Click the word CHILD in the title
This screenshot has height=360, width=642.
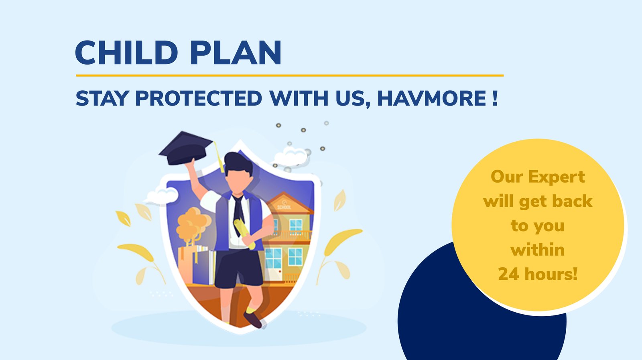click(x=126, y=53)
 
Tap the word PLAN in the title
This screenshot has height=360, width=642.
click(x=235, y=53)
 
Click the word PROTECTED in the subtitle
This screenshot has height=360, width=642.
click(x=198, y=98)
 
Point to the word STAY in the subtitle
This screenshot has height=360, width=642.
click(x=102, y=98)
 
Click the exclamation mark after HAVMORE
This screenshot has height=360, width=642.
click(x=495, y=98)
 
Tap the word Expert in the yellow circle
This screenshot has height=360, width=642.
click(x=556, y=177)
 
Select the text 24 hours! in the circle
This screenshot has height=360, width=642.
click(x=538, y=274)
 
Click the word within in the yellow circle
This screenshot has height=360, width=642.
click(x=538, y=250)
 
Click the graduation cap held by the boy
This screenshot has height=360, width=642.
click(x=186, y=148)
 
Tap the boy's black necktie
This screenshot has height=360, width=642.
click(x=238, y=214)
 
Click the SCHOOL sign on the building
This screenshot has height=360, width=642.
click(x=284, y=207)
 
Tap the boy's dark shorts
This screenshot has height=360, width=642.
click(x=239, y=268)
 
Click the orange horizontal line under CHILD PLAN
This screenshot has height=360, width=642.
click(x=290, y=76)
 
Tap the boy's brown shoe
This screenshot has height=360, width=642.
click(x=253, y=320)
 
